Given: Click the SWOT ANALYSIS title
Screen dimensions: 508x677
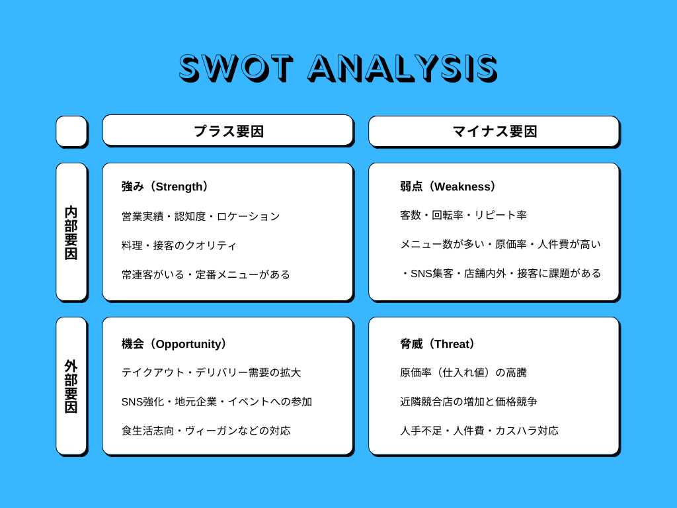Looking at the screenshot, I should [338, 67].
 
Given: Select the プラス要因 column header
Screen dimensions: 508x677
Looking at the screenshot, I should [228, 131].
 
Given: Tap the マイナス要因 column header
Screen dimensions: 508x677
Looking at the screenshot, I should [494, 131].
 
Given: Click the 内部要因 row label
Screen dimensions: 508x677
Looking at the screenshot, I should [71, 232].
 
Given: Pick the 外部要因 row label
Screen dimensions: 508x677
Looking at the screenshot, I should [71, 386].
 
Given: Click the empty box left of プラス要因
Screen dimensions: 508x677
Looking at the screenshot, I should [71, 131].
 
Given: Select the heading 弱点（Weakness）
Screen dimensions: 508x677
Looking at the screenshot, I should [448, 187].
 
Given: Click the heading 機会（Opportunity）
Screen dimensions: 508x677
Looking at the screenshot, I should [175, 344].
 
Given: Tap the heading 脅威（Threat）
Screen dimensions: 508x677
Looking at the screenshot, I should [438, 344].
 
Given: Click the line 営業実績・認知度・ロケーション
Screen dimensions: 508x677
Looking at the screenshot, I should [201, 216].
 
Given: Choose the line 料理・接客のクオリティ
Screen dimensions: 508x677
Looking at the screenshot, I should [179, 245].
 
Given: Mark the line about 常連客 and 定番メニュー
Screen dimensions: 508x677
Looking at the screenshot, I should [206, 274].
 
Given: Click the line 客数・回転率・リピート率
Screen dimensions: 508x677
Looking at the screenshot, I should [463, 215].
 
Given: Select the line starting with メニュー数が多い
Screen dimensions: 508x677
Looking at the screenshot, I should [500, 244].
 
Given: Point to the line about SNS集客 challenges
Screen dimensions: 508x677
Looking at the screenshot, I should [500, 273].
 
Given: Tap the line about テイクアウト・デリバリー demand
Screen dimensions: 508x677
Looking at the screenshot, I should [211, 372].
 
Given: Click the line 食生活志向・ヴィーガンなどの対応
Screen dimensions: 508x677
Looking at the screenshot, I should [206, 431].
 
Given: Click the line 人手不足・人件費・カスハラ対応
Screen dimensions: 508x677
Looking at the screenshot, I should [479, 431].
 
